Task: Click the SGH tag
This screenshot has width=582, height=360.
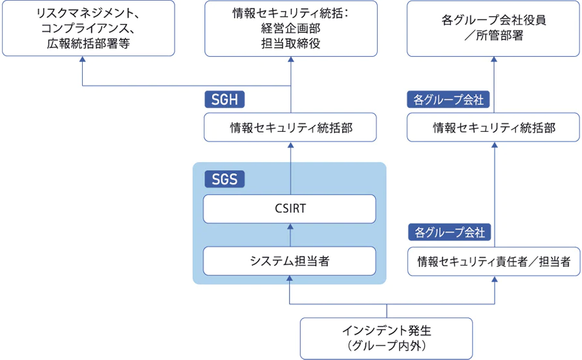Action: pyautogui.click(x=224, y=100)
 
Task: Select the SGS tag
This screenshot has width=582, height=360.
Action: pyautogui.click(x=224, y=179)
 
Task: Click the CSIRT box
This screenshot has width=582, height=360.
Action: pyautogui.click(x=290, y=209)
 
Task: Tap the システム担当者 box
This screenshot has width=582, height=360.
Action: pyautogui.click(x=290, y=261)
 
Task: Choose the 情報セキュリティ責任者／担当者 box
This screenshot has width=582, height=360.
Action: pyautogui.click(x=493, y=262)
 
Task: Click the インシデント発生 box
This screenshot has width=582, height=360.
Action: pyautogui.click(x=387, y=339)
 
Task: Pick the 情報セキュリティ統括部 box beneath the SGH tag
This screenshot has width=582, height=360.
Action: pyautogui.click(x=290, y=127)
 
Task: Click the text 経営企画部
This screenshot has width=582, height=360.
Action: pyautogui.click(x=290, y=28)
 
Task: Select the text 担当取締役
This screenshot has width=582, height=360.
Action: pyautogui.click(x=290, y=44)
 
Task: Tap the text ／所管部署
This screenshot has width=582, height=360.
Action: pyautogui.click(x=493, y=36)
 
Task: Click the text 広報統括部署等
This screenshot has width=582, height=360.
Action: pyautogui.click(x=89, y=44)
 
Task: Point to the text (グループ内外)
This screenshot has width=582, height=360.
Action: pyautogui.click(x=387, y=346)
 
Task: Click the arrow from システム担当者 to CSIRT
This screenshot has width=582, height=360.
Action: pyautogui.click(x=290, y=235)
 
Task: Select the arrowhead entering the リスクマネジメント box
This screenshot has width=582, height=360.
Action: pyautogui.click(x=82, y=59)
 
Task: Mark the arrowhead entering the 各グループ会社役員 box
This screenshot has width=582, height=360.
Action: pyautogui.click(x=494, y=59)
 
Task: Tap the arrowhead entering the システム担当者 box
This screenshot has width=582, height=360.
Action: pyautogui.click(x=290, y=278)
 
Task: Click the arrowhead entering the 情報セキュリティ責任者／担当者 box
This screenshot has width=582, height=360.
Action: pyautogui.click(x=495, y=279)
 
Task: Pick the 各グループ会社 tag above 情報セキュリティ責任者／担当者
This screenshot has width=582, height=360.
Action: pyautogui.click(x=449, y=232)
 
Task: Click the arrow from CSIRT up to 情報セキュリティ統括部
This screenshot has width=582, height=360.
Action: pyautogui.click(x=290, y=168)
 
